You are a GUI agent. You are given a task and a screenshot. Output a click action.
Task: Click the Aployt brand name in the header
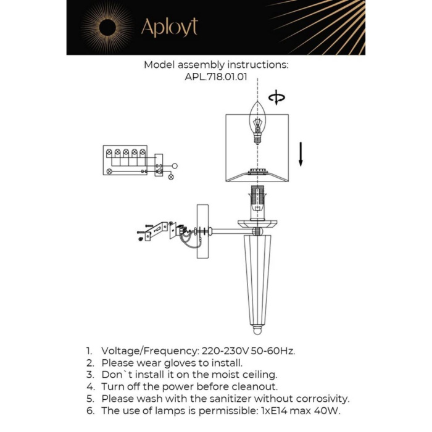click(x=168, y=28)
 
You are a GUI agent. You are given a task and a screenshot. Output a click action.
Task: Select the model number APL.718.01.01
click(x=215, y=77)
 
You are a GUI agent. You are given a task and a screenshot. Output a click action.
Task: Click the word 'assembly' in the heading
click(x=204, y=64)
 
